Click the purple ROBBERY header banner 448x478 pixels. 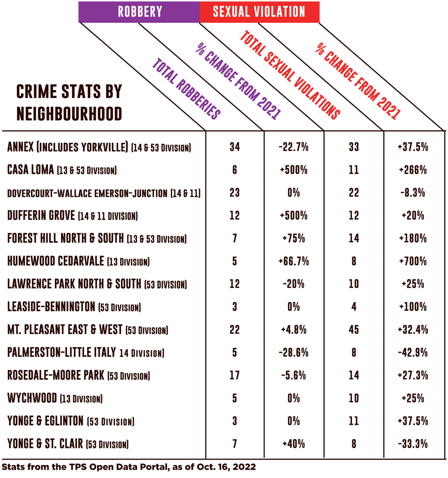pos(139,12)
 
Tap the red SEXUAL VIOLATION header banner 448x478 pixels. pos(259,12)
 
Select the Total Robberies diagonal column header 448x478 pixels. pos(186,89)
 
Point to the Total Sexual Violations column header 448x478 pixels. pos(290,75)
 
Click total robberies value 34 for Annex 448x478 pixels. pos(234,147)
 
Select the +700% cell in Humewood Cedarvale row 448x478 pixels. pos(413,261)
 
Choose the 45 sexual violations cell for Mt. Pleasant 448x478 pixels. pos(353,330)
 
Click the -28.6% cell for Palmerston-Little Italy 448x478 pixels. pos(294,353)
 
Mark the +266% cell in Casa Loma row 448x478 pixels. pos(413,170)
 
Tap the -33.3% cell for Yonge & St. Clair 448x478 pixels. pos(413,444)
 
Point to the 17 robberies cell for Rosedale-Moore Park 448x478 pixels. pos(234,376)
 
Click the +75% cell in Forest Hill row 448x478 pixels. pos(294,239)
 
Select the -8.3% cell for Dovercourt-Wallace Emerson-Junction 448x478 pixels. pos(413,193)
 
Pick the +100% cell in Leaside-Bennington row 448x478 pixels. pos(413,307)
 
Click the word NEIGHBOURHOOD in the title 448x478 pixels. pos(69,114)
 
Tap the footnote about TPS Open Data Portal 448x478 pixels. pos(129,467)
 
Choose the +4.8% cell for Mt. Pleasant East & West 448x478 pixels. pos(294,330)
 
